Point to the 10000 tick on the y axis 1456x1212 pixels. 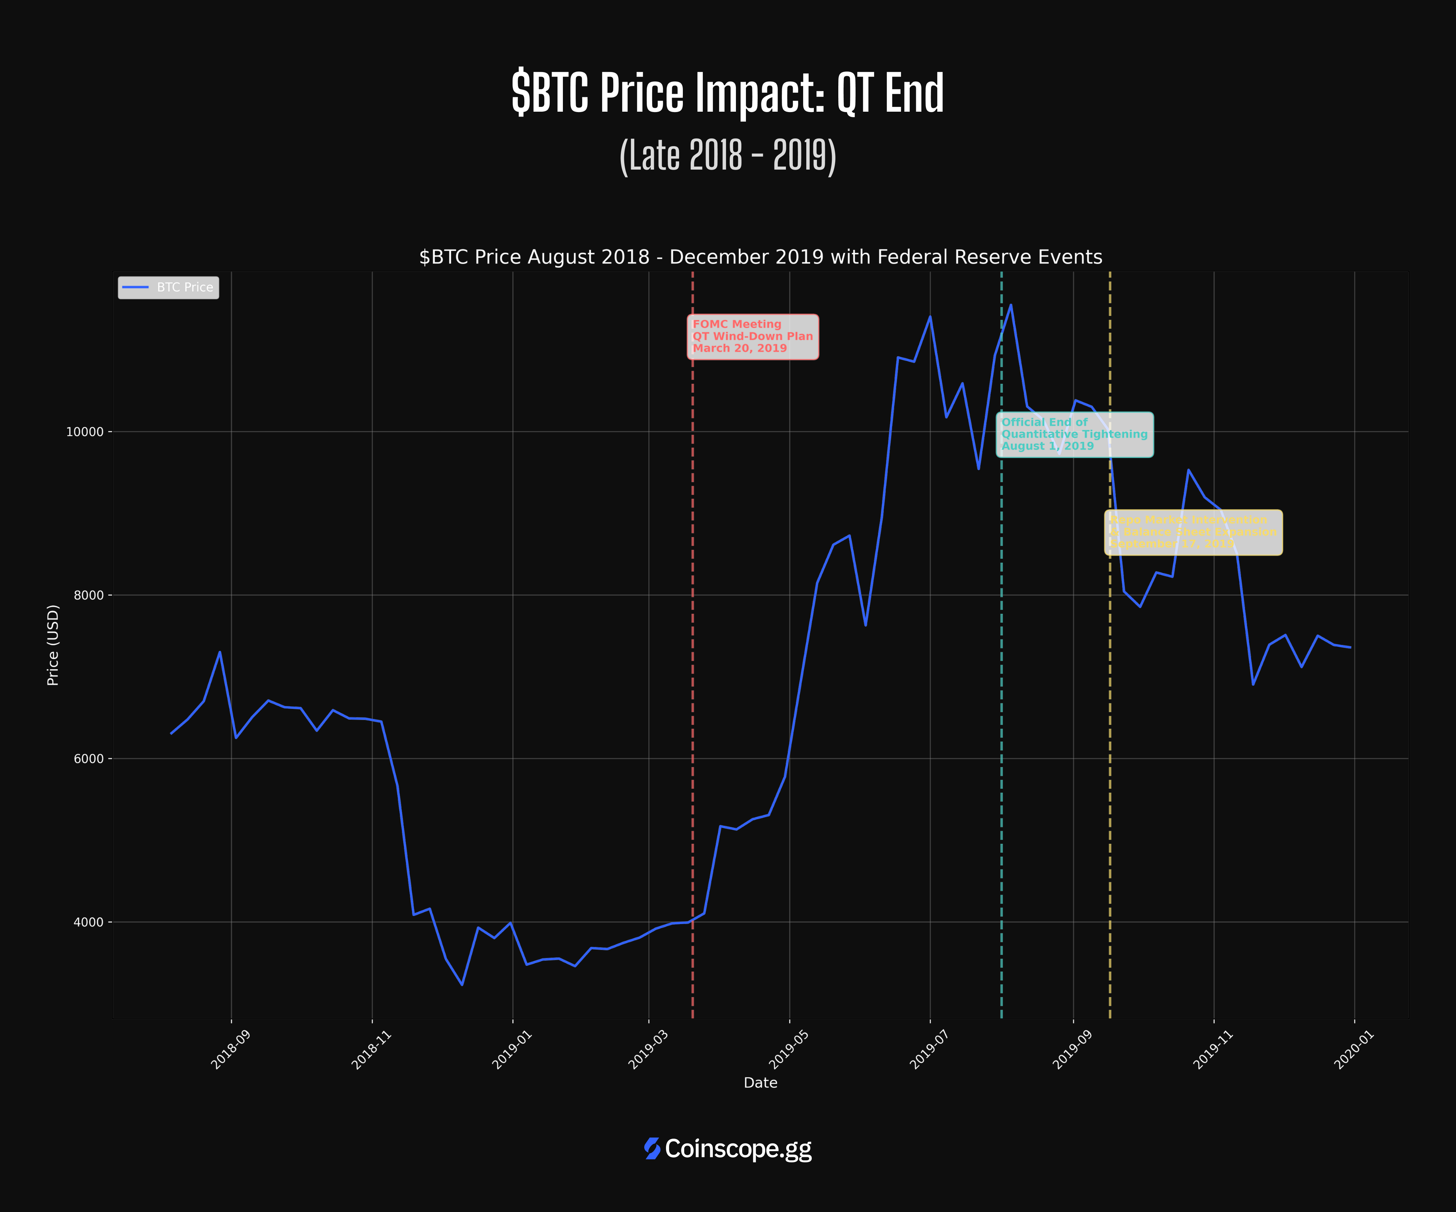tap(84, 431)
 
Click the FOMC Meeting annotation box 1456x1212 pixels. tap(752, 337)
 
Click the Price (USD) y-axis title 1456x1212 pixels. tap(53, 645)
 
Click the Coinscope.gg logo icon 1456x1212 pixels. tap(652, 1149)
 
